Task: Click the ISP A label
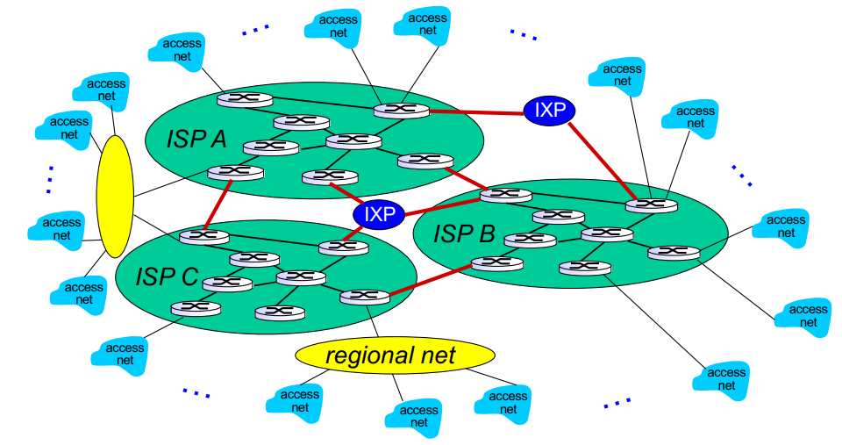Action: (x=196, y=139)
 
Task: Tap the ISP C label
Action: (x=167, y=276)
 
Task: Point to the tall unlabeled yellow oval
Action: (x=115, y=197)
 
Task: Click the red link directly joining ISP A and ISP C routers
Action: (x=218, y=204)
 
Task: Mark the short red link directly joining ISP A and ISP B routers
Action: (x=462, y=176)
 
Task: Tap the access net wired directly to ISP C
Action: (x=125, y=354)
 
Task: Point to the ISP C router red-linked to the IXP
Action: (x=343, y=248)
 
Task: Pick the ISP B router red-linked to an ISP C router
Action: (x=496, y=262)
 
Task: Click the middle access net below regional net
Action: (x=418, y=415)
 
